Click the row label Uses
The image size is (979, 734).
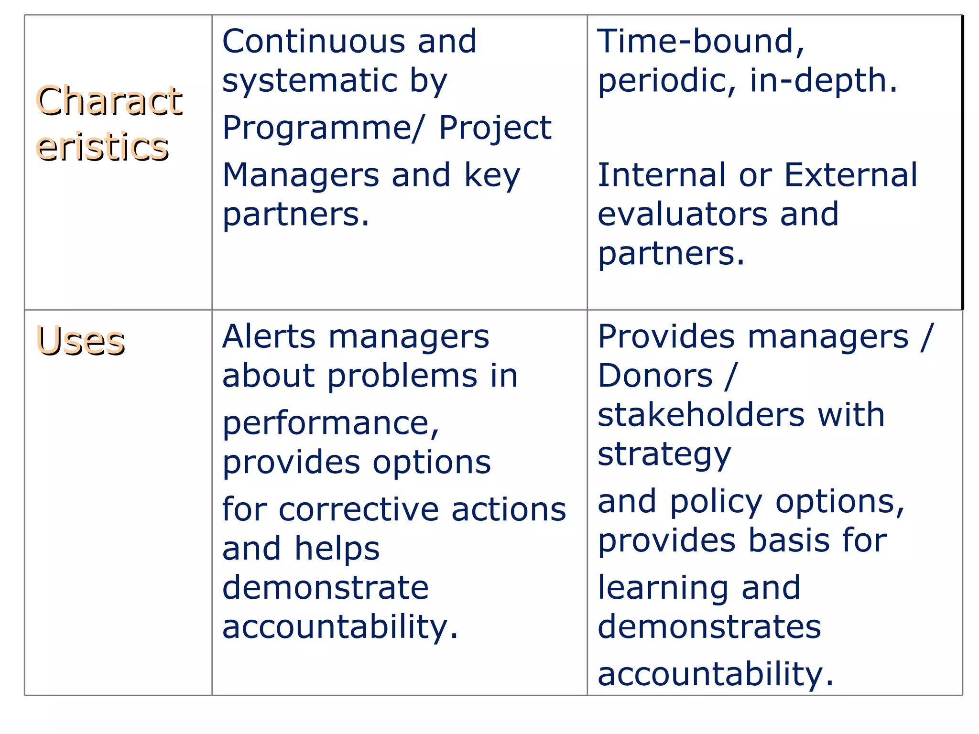(80, 341)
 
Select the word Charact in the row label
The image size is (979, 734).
(109, 101)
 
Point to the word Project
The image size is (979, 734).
(495, 128)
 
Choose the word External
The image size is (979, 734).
(851, 175)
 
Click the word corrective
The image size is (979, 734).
(359, 509)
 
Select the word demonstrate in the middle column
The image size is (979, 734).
(326, 587)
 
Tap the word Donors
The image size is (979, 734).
(655, 376)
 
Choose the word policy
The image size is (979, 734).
(716, 502)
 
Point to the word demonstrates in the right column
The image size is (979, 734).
(709, 626)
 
